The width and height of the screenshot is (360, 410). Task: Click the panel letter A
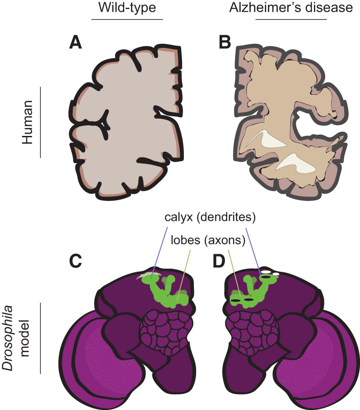(75, 42)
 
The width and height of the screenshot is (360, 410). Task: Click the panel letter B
(225, 42)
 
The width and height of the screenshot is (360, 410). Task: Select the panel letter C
(75, 261)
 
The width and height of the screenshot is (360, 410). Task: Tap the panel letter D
(219, 261)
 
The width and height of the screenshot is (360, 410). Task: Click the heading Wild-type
(127, 7)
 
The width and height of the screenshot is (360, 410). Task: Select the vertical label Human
(27, 122)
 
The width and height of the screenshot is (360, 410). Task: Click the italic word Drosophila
(8, 338)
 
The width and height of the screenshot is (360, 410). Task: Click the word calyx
(179, 217)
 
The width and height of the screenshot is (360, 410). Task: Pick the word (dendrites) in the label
(226, 217)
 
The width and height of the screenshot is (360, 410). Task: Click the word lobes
(186, 240)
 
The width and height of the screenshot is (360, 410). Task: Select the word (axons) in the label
(225, 240)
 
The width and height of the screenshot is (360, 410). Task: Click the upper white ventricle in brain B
(267, 139)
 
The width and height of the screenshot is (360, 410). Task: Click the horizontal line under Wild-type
(127, 19)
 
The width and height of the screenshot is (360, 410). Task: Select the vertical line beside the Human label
(41, 122)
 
